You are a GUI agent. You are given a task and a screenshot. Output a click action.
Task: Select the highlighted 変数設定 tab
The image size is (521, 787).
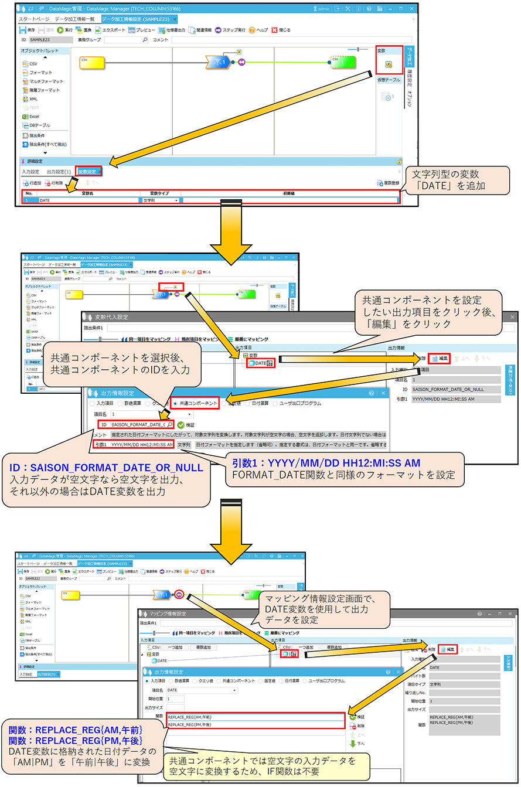click(x=89, y=171)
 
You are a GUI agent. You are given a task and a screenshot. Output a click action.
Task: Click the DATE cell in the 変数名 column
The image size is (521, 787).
click(x=88, y=200)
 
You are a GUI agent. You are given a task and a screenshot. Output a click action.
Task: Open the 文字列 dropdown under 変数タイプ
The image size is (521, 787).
click(x=161, y=200)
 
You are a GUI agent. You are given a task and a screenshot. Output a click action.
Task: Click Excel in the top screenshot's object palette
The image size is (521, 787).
click(x=34, y=117)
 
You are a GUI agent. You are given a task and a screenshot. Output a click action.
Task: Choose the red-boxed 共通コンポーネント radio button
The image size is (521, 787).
click(x=195, y=403)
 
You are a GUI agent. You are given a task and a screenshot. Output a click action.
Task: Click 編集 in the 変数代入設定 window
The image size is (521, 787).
click(x=440, y=357)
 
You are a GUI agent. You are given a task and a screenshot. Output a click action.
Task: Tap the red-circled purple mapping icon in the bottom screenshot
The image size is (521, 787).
click(x=180, y=594)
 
